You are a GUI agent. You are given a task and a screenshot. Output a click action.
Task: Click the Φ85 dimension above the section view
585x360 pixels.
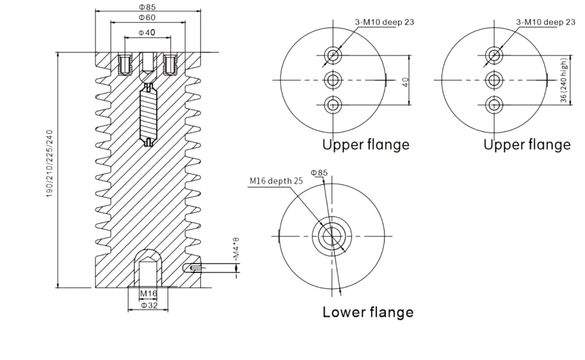147,7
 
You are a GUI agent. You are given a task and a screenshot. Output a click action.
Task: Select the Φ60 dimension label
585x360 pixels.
147,17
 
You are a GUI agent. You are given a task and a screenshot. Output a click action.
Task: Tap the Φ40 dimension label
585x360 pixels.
147,33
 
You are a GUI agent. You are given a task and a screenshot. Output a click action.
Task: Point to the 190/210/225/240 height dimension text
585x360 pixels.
50,164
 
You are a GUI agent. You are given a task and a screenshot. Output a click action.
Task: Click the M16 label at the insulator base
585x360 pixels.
149,293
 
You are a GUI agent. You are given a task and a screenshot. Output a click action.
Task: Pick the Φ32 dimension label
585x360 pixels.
150,305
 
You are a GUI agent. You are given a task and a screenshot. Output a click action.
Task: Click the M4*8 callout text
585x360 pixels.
236,249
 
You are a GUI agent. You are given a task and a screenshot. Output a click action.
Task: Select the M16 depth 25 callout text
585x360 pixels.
276,181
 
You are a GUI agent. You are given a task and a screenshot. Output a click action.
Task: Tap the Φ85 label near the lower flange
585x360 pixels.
319,173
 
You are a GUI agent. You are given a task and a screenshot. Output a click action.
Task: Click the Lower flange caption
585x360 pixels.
368,312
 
